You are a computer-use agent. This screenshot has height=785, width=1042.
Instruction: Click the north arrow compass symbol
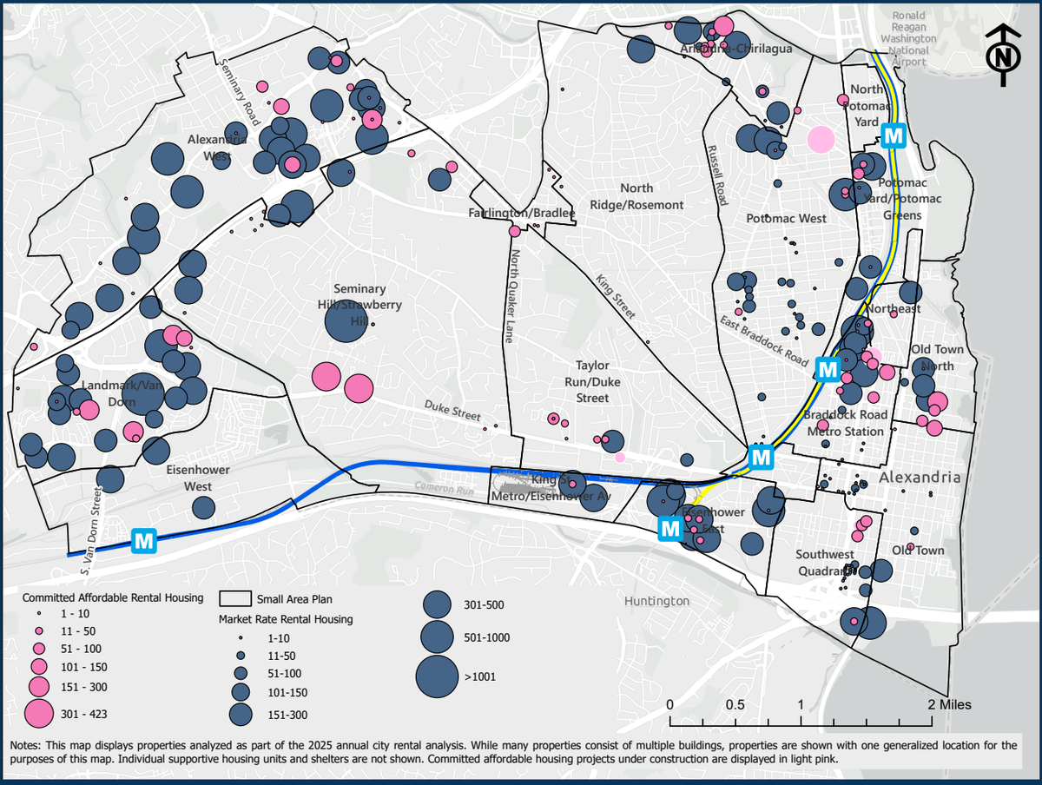(x=1004, y=56)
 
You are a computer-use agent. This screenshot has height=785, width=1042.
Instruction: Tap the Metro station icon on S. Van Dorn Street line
(x=144, y=541)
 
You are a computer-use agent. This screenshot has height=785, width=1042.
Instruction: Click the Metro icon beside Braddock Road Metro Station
(x=828, y=369)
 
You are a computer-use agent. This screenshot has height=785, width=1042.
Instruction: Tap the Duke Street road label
(x=452, y=412)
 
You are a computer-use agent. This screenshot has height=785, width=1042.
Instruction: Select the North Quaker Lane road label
(x=514, y=296)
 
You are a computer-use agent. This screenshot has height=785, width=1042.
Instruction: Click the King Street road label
(x=616, y=296)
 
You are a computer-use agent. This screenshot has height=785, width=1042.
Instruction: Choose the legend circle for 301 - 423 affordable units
(x=37, y=713)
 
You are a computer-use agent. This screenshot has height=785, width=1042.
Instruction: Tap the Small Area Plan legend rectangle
(x=235, y=599)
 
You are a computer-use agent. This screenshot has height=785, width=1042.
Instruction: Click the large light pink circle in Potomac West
(x=821, y=139)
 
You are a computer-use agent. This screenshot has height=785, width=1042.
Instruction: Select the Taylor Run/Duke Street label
(x=593, y=382)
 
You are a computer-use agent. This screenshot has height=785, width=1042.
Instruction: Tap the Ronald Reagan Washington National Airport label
(x=908, y=33)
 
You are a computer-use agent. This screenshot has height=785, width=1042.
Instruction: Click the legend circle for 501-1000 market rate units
(x=439, y=638)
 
